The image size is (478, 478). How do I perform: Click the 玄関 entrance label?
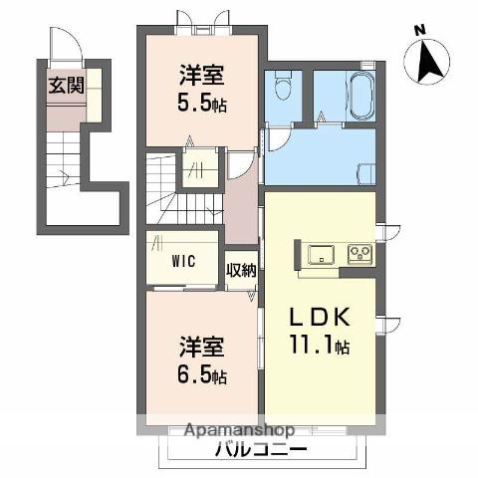(67, 86)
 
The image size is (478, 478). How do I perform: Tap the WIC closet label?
(183, 261)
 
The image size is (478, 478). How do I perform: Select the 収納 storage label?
(241, 270)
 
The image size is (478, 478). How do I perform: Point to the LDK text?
(320, 318)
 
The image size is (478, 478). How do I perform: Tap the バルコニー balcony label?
(261, 450)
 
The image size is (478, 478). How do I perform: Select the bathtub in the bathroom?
(360, 97)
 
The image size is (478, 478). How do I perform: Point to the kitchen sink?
(321, 255)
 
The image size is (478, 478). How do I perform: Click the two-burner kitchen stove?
(359, 254)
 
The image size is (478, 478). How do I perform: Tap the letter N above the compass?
(420, 31)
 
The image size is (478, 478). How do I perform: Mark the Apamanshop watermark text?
(239, 430)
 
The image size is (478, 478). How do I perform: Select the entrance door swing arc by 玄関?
(67, 44)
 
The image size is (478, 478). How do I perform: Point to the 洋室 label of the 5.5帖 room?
(202, 76)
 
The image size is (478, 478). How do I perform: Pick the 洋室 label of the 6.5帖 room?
(202, 348)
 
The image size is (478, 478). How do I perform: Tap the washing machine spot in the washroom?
(366, 173)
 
